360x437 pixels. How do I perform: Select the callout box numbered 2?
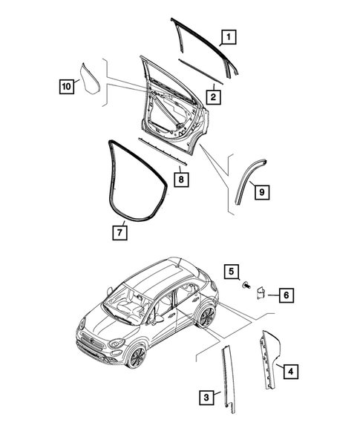(212, 96)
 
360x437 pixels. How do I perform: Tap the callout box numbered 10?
(66, 86)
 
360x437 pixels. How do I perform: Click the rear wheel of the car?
(206, 318)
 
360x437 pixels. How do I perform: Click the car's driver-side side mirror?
(157, 321)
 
